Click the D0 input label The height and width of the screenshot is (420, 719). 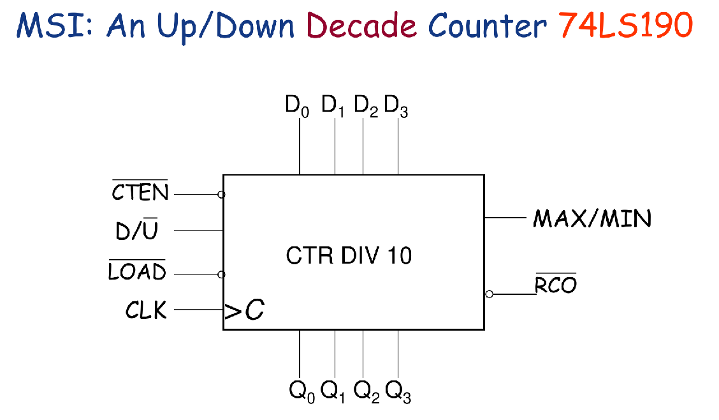tap(297, 106)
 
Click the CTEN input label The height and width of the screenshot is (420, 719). tap(140, 191)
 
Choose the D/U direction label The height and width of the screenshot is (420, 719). tap(136, 230)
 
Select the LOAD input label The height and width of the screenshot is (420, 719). tap(137, 272)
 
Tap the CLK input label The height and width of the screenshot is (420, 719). tap(146, 311)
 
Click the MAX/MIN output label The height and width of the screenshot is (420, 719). tap(592, 219)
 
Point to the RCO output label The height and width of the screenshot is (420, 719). tap(555, 285)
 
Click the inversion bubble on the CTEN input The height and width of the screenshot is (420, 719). tap(221, 194)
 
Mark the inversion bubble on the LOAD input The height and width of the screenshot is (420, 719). tap(221, 274)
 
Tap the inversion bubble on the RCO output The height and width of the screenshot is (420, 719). tap(489, 294)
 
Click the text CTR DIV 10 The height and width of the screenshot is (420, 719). tap(349, 256)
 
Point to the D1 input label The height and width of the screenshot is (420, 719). tap(333, 106)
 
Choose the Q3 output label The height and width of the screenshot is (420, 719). tap(398, 390)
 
